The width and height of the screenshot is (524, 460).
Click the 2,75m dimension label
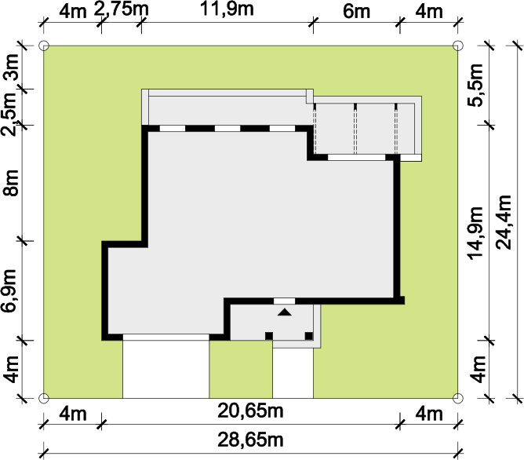point(121,9)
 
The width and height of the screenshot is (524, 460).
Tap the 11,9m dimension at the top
point(227,9)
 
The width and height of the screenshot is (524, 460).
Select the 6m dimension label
point(357,12)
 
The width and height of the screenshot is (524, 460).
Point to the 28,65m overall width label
point(251,440)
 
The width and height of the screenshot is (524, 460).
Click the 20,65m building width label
point(251,411)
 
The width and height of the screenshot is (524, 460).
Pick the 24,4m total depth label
point(504,222)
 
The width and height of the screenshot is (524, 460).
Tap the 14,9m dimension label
point(475,233)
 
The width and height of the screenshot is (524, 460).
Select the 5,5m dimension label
point(475,85)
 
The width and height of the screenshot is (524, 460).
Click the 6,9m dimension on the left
point(9,290)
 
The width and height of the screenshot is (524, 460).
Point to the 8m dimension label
point(10,183)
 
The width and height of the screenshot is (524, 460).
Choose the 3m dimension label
point(10,67)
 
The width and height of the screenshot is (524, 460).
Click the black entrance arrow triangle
point(285,312)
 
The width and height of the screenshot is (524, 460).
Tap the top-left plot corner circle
point(44,46)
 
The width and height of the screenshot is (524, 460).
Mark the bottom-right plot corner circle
point(458,398)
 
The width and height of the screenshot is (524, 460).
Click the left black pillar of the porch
point(269,336)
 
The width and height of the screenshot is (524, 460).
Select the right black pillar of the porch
point(309,336)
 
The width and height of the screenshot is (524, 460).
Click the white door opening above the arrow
point(285,301)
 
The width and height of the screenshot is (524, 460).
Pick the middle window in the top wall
point(227,129)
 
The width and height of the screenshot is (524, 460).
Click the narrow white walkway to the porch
point(293,373)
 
